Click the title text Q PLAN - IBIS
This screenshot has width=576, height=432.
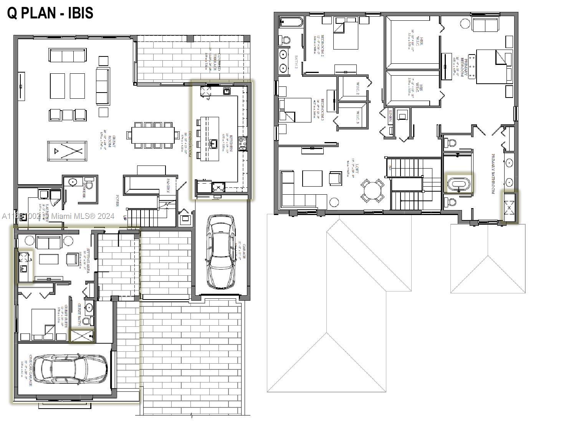[50, 13]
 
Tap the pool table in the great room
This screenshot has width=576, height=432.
[67, 151]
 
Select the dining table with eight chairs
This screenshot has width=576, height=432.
[153, 135]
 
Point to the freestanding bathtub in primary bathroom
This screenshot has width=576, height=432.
[460, 184]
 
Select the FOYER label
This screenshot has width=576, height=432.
[118, 200]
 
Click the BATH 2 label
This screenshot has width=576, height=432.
[296, 62]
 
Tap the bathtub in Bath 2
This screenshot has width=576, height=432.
[291, 22]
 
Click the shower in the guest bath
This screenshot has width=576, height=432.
[82, 336]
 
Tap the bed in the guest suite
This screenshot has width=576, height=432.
[43, 325]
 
